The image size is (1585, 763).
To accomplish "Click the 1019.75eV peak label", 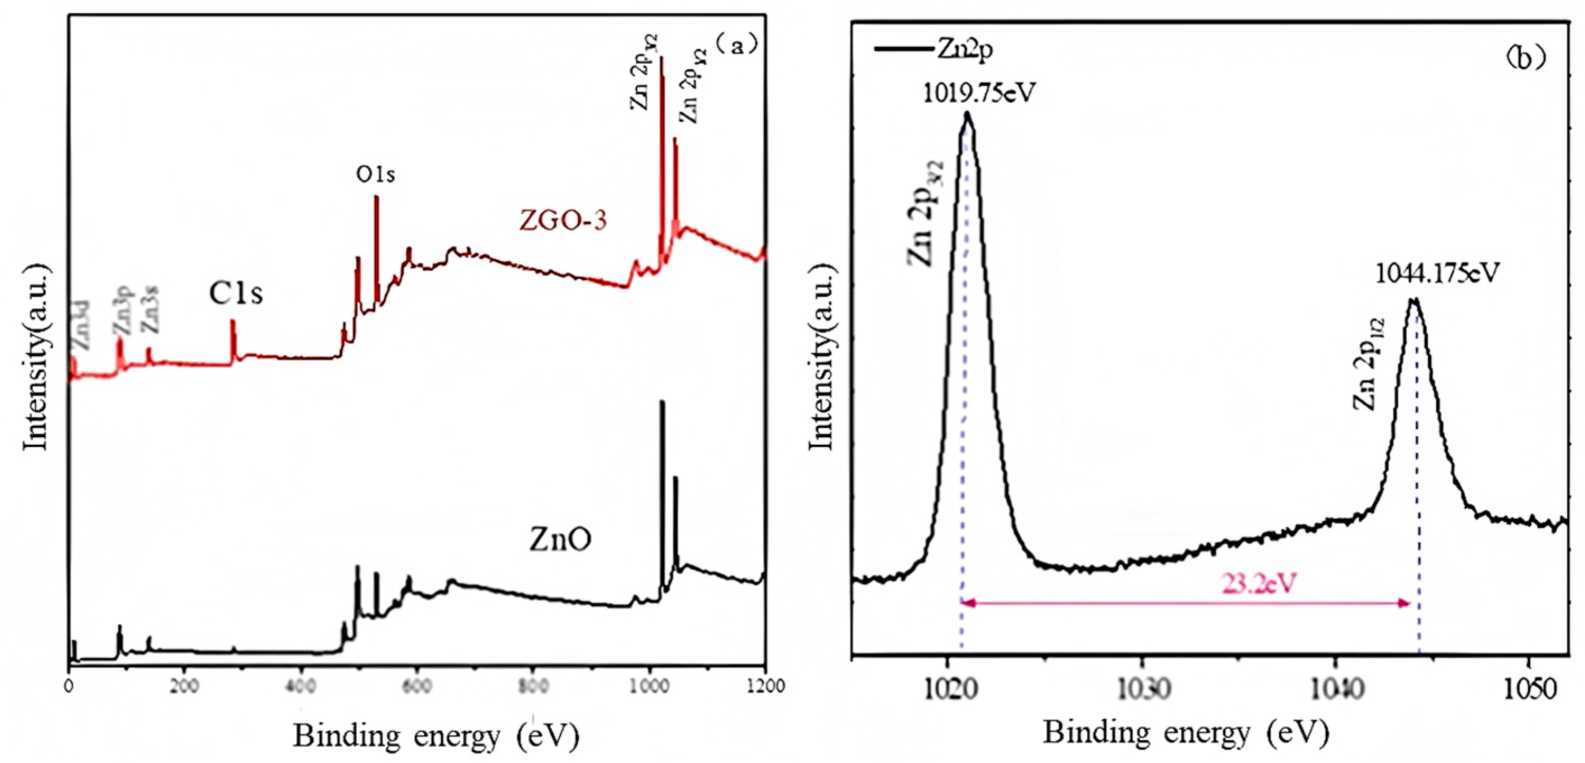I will pos(979,93).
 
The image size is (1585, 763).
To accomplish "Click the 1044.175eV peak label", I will pos(1437,273).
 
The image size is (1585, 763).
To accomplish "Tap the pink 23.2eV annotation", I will pos(1258,583).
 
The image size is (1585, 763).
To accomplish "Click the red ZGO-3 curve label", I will pos(563,220).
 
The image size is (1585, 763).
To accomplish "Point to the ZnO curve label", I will pos(560,540).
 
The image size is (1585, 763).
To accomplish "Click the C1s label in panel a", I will pos(236,294).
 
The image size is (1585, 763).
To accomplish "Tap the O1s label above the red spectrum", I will pos(376,175).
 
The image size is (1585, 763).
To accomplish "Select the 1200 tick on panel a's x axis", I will pos(765,686).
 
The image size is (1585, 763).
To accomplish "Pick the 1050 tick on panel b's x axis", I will pos(1529,690).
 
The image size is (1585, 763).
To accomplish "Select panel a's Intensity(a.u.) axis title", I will pos(36,357).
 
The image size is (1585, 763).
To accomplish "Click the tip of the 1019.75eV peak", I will pos(967,113).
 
